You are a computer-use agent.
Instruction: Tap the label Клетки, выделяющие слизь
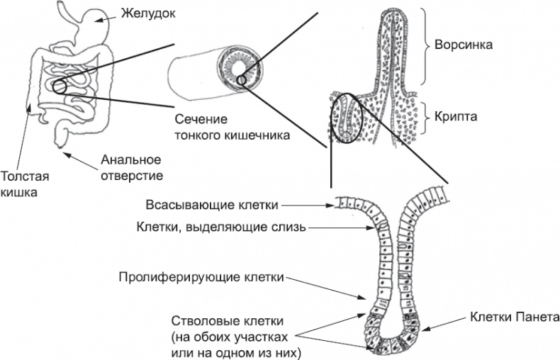(x=220, y=227)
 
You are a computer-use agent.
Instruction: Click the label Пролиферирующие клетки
(x=201, y=276)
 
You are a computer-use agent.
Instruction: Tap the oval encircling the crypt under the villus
(x=347, y=118)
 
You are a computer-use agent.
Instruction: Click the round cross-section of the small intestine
(x=242, y=69)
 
